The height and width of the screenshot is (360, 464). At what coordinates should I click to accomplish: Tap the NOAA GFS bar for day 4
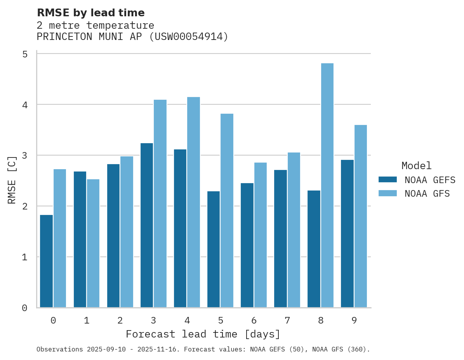point(193,202)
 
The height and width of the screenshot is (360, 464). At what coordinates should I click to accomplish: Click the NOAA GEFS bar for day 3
point(147,225)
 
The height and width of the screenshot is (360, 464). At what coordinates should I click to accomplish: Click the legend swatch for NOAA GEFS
point(388,180)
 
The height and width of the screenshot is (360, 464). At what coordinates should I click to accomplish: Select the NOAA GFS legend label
point(427,194)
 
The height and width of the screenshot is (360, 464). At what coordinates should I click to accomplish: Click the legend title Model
point(416,166)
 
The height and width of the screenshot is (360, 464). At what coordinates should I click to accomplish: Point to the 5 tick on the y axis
point(25,54)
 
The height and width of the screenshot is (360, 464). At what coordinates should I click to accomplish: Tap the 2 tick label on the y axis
point(25,206)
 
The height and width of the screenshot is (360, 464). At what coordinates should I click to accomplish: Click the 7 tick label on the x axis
point(287,320)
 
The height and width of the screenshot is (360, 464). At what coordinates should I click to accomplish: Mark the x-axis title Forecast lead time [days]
point(203,334)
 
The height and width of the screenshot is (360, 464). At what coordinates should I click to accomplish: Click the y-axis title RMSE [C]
point(12,180)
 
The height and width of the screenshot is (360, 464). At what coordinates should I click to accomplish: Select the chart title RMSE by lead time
point(90,13)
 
